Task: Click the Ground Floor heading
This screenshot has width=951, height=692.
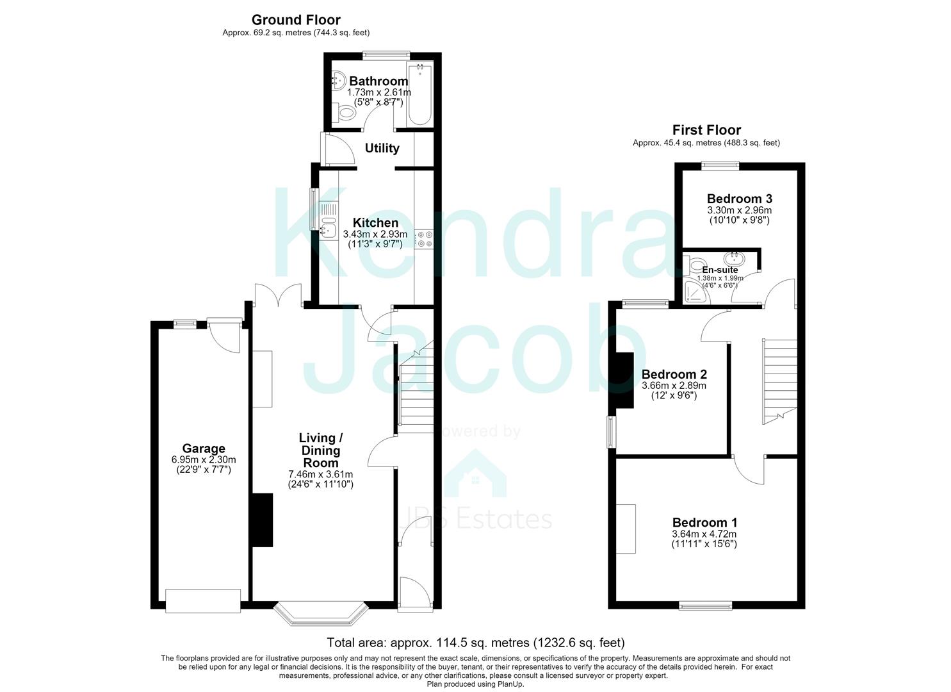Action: click(x=296, y=20)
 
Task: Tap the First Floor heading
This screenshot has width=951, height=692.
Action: click(x=706, y=130)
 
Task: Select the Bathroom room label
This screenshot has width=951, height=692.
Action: click(x=378, y=81)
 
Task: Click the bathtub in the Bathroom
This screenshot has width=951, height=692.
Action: click(x=419, y=94)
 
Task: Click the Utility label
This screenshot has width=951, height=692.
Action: click(x=382, y=148)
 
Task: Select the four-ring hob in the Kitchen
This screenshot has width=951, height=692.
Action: click(x=424, y=239)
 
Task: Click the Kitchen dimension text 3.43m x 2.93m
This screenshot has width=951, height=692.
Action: click(x=375, y=234)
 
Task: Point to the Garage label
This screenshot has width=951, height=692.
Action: click(x=204, y=449)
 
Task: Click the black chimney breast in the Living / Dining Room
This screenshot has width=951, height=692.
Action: click(x=263, y=520)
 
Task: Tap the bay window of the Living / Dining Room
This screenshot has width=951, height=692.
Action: click(x=321, y=613)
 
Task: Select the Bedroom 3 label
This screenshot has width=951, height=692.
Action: click(x=739, y=199)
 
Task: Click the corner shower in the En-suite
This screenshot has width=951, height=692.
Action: click(x=696, y=292)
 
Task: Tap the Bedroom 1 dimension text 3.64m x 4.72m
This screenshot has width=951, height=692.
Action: click(x=704, y=534)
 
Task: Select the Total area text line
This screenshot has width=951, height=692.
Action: click(x=475, y=642)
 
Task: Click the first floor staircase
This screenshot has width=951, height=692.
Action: click(x=780, y=381)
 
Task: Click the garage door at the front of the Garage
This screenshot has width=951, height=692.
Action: click(x=203, y=600)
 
